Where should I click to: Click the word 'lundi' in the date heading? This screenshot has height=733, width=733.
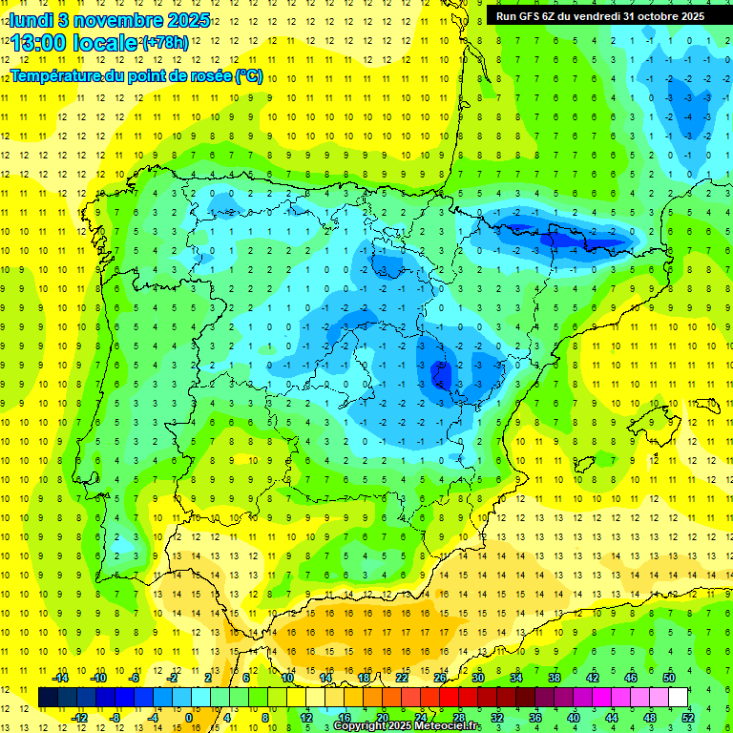(x=31, y=18)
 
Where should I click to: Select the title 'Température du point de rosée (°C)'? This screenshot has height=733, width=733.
(x=136, y=76)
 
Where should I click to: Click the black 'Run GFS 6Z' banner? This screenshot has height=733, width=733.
(x=600, y=15)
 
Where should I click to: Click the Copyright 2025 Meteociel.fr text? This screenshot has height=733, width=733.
(x=407, y=726)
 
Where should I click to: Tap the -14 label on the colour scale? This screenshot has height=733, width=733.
(x=60, y=678)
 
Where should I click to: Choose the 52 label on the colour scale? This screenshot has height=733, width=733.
(x=688, y=718)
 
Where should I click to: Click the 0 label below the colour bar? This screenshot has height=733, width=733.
(x=190, y=718)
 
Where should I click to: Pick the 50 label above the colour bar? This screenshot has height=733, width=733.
(x=669, y=678)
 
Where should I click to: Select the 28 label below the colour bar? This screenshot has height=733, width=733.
(x=459, y=718)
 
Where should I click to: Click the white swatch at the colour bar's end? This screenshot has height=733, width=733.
(x=679, y=697)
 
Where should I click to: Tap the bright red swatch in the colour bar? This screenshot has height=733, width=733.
(x=449, y=697)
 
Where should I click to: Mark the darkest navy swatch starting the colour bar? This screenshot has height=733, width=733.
(x=48, y=697)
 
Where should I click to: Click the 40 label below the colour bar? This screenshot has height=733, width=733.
(x=573, y=718)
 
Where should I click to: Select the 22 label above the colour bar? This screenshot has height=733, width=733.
(x=402, y=678)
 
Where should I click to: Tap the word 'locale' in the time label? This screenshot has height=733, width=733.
(x=107, y=42)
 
